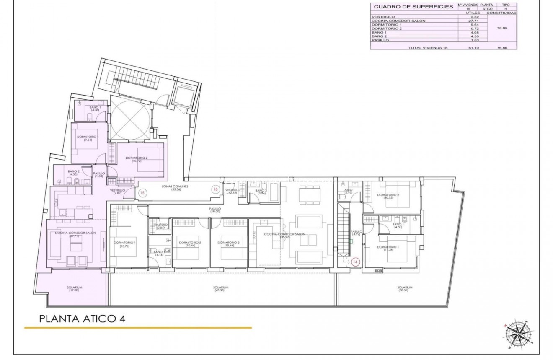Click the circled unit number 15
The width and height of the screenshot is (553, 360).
(142, 193)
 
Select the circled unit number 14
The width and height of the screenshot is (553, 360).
(356, 262)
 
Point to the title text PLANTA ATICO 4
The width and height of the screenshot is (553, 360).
(82, 319)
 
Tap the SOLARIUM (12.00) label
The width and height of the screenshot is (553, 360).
(74, 289)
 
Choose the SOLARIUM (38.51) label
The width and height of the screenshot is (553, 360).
(405, 289)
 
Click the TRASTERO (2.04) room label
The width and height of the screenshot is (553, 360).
(160, 226)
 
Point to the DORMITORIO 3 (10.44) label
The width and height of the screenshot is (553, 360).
(229, 244)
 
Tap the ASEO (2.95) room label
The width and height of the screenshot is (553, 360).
(348, 191)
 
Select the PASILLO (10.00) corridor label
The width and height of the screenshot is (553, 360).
(215, 210)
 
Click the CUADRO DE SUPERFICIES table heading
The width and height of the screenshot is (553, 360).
(413, 7)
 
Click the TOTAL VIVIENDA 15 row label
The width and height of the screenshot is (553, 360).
(428, 48)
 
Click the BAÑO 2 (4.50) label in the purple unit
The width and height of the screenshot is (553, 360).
(74, 173)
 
